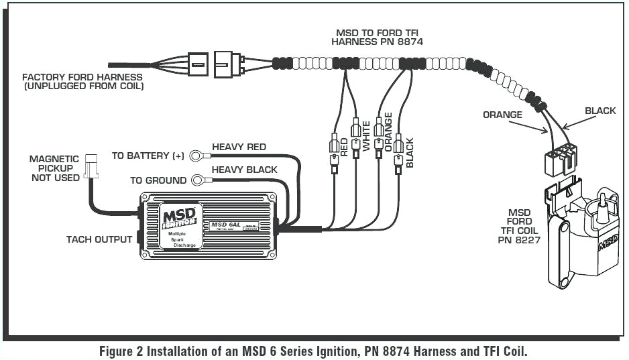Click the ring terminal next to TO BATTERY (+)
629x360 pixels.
[196, 156]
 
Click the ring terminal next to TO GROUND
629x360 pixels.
[198, 180]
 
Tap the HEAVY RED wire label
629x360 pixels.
[239, 147]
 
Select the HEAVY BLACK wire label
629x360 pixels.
[244, 170]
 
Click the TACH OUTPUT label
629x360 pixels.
[99, 239]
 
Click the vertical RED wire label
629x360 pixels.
[344, 147]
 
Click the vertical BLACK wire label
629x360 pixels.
[410, 152]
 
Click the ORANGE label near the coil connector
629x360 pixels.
[502, 115]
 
